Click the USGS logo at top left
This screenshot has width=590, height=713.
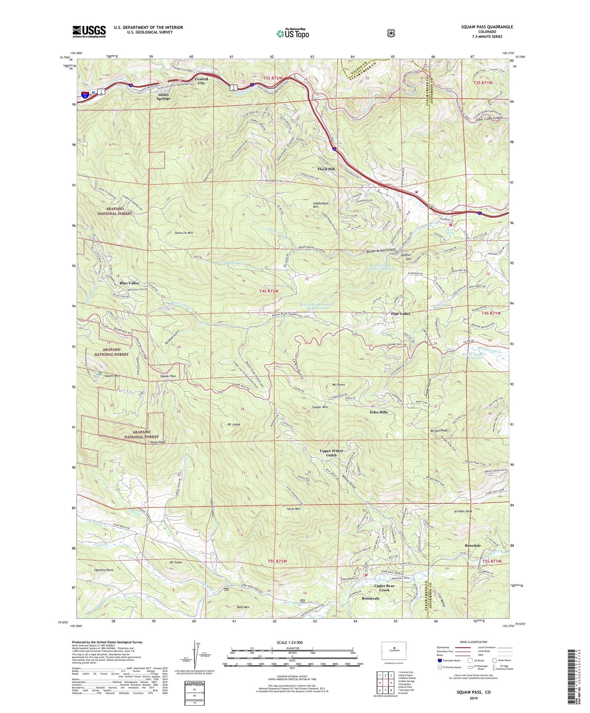coord(89,31)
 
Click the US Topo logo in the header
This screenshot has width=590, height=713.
coord(292,33)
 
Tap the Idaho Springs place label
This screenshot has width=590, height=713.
coord(164,96)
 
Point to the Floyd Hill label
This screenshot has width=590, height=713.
coord(326,169)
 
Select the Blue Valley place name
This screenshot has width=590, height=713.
coord(129,283)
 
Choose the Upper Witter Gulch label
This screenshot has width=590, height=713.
coord(331,453)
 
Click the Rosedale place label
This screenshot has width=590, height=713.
coord(473,546)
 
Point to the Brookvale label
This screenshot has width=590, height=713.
coord(370,598)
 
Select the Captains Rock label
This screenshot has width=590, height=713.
coord(104,570)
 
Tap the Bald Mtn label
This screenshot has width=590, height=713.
coord(243,607)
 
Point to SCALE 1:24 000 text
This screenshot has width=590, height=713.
coord(289,642)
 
